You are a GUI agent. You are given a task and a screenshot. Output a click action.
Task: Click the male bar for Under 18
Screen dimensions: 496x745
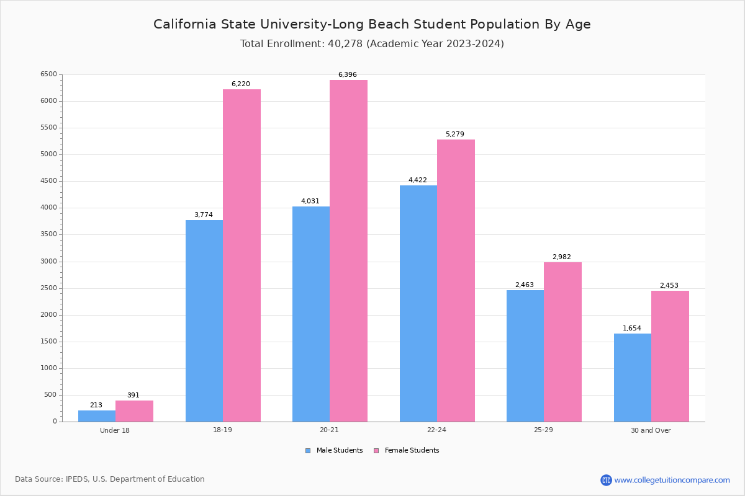97,416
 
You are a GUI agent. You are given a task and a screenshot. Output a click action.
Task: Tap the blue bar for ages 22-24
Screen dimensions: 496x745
418,303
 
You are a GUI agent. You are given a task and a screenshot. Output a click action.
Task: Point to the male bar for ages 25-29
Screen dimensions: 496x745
525,356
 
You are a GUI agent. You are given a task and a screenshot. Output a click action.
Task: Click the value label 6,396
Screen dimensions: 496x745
348,75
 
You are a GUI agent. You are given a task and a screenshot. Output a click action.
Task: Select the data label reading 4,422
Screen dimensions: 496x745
417,180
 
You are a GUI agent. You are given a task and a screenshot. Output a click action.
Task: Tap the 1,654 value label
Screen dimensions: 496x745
632,329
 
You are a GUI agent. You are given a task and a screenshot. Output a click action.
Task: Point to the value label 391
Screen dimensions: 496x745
133,396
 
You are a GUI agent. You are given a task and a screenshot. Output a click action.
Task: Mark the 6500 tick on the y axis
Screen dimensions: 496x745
48,74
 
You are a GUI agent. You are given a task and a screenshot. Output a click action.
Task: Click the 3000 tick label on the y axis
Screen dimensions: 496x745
48,262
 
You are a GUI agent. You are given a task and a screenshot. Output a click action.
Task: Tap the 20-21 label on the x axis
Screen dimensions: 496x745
330,430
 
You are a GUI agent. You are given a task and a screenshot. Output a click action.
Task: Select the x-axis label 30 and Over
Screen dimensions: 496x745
651,430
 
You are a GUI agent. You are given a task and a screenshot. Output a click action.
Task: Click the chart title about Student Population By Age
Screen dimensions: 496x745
372,24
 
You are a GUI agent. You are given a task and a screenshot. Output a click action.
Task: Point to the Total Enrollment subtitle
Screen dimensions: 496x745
372,44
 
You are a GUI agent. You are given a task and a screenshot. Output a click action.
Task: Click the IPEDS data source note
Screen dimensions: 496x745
110,479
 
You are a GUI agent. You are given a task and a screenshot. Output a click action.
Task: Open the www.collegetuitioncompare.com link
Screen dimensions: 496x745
672,480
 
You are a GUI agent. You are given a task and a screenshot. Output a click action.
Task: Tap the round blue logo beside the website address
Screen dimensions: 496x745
606,480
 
